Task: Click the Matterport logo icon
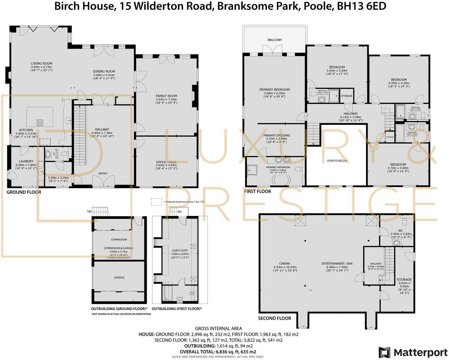coord(385,352)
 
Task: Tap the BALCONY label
coord(275,40)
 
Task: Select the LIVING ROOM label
coord(41,63)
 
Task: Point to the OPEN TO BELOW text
coord(337,161)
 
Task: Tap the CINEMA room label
coord(285,263)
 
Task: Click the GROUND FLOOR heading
coord(24,192)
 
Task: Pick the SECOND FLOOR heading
coord(275,318)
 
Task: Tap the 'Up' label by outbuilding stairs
coord(89,211)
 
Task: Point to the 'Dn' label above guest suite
coord(180,211)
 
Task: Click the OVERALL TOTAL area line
coord(218,351)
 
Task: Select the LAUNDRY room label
coord(26,161)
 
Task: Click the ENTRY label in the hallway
coord(103,173)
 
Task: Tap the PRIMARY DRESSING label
coord(276,135)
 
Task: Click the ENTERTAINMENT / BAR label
coord(337,263)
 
